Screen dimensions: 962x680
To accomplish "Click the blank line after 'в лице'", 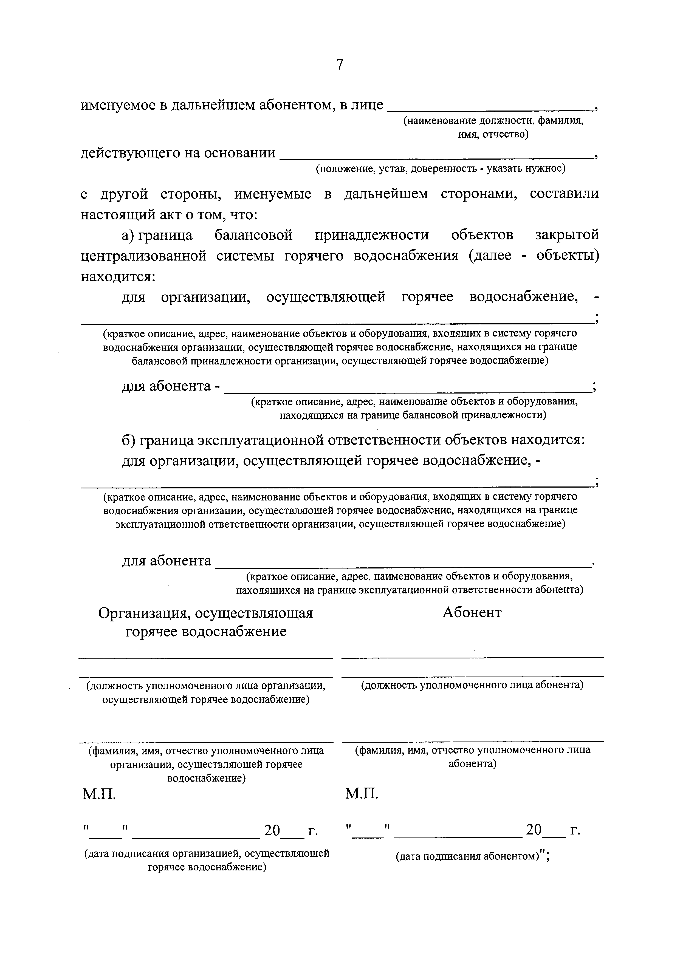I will (x=448, y=110).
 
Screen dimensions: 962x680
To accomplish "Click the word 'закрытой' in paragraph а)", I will (x=567, y=235).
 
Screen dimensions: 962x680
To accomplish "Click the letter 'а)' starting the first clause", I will (x=127, y=235).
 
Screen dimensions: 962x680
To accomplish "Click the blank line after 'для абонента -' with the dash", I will (x=407, y=391).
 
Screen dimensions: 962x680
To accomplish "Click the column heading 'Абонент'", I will (x=472, y=613).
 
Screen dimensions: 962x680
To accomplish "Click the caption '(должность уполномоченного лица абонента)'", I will (x=472, y=685).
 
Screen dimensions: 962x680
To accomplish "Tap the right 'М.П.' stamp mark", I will (x=362, y=793).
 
